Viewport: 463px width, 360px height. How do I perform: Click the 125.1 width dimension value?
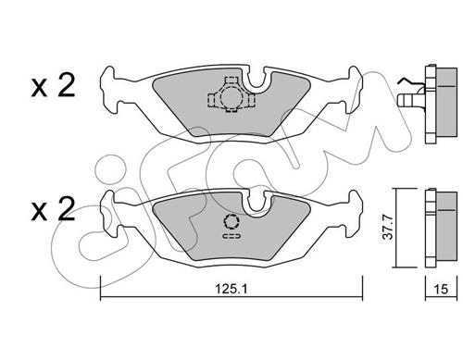231,289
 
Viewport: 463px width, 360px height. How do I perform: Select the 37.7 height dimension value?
388,228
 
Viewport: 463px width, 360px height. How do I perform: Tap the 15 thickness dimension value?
441,289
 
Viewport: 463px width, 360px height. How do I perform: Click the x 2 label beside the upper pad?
53,85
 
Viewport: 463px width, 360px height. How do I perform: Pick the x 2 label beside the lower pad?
53,209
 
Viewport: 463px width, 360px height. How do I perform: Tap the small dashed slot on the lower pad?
231,237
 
